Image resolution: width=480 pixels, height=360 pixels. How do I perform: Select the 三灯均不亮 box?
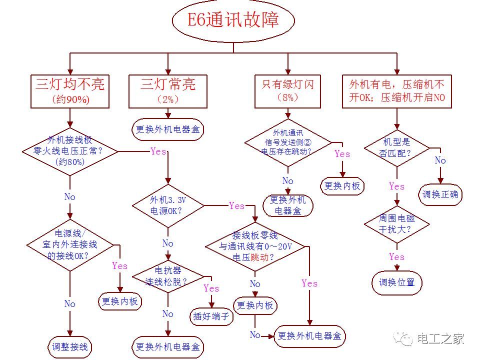click(x=70, y=91)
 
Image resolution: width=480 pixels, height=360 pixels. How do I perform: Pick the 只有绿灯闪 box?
click(x=287, y=91)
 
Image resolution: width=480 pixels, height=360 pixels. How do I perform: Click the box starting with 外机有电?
click(x=397, y=91)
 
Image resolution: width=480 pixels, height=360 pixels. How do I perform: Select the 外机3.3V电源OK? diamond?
click(x=168, y=205)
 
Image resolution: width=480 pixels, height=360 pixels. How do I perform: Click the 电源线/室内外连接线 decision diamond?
click(x=70, y=244)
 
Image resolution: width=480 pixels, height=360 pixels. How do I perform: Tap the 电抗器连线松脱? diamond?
click(x=168, y=276)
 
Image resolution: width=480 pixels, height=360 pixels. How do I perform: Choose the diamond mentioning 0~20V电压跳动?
click(x=255, y=246)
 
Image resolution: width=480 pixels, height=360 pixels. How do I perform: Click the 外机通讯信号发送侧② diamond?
click(x=287, y=143)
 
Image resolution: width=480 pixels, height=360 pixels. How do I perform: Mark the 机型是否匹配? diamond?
click(x=396, y=147)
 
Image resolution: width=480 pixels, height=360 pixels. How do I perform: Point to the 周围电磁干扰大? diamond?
click(x=396, y=224)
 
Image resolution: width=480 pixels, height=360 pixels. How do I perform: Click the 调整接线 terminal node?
click(x=70, y=346)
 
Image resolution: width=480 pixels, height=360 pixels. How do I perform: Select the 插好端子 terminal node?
click(x=211, y=316)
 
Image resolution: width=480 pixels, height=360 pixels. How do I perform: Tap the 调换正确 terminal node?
click(x=440, y=194)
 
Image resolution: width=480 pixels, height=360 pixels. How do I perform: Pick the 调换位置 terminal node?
click(x=397, y=282)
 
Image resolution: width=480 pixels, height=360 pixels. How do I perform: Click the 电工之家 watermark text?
click(x=440, y=339)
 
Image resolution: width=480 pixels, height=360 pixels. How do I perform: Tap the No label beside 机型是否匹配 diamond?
click(x=440, y=160)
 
